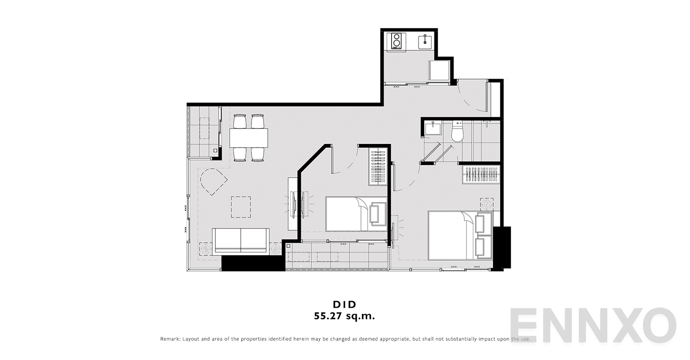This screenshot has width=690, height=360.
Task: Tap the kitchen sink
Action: [x=425, y=42]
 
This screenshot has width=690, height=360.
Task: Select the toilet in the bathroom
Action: [x=457, y=132]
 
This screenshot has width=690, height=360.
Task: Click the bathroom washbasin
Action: [x=433, y=129]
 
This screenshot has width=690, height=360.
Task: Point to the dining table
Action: [x=248, y=138]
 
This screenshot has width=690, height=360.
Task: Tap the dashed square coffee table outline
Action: [x=241, y=207]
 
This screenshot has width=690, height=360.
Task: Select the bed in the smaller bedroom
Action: [x=356, y=214]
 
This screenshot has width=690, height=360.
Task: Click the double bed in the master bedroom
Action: [x=460, y=236]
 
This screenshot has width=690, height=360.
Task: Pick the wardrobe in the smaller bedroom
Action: [x=378, y=167]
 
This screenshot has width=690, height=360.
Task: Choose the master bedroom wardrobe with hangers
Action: [x=481, y=175]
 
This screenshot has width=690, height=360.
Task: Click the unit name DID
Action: [x=344, y=304]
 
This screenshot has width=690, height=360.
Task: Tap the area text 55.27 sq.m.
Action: [x=344, y=316]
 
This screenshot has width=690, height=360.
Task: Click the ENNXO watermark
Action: [x=593, y=325]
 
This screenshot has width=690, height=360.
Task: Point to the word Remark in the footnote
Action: [x=170, y=339]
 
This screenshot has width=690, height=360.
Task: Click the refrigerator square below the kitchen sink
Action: [x=439, y=70]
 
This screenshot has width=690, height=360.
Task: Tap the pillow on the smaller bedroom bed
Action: [x=378, y=214]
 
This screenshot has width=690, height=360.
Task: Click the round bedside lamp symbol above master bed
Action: [x=487, y=204]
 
